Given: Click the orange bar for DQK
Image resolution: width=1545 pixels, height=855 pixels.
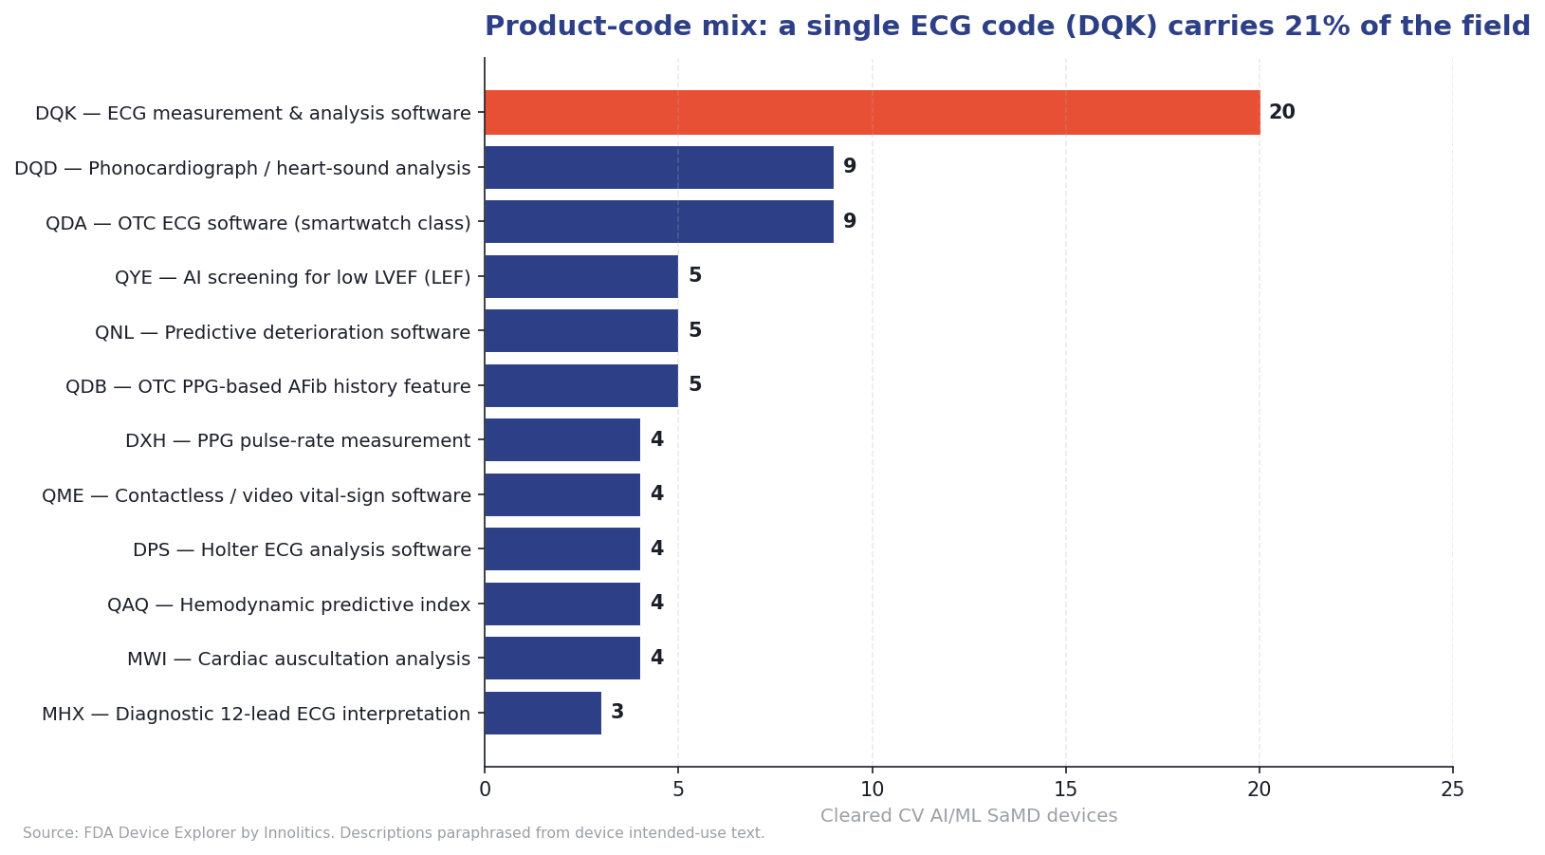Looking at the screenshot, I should coord(872,113).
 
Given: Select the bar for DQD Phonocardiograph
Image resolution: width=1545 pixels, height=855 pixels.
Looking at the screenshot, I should coord(659,168).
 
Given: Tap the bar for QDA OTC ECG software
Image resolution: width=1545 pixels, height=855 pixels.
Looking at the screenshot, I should coord(659,222).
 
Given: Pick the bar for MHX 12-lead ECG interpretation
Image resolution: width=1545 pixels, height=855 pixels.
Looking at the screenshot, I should coord(543,713).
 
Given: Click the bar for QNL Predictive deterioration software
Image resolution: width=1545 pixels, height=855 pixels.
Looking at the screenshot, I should coord(581,331).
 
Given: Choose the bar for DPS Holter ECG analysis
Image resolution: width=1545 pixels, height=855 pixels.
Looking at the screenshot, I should coord(562,549).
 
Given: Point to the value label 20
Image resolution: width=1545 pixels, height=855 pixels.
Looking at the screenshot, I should coord(1281,113).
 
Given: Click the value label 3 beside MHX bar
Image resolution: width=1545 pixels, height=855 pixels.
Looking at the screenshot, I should coord(617,713).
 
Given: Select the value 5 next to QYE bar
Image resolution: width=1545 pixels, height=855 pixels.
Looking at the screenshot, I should coord(695,276).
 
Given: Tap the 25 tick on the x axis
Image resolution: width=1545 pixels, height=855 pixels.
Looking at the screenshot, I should coord(1452,790).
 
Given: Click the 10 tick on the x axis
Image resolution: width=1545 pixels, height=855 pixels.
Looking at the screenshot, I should coord(872,790).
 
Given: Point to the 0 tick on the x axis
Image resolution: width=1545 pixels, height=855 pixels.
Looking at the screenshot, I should coord(485,790).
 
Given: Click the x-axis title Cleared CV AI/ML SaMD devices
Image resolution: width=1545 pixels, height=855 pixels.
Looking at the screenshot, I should coord(968,816).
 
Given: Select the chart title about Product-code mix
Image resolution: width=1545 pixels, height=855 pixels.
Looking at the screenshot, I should coord(1007,27).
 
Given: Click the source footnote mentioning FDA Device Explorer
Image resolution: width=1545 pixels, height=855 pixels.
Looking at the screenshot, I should coord(394,833).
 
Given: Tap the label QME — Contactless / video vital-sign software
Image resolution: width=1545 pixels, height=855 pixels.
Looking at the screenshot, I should coord(256,495).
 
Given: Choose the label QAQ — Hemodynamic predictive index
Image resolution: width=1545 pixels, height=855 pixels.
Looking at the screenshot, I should coord(288,604).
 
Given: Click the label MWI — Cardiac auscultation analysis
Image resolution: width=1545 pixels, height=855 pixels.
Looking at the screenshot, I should coord(299,659).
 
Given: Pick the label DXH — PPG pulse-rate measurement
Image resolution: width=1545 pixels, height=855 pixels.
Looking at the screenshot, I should coord(298,440).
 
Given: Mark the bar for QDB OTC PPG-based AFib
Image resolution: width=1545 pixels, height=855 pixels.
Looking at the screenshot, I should coord(581,385).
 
